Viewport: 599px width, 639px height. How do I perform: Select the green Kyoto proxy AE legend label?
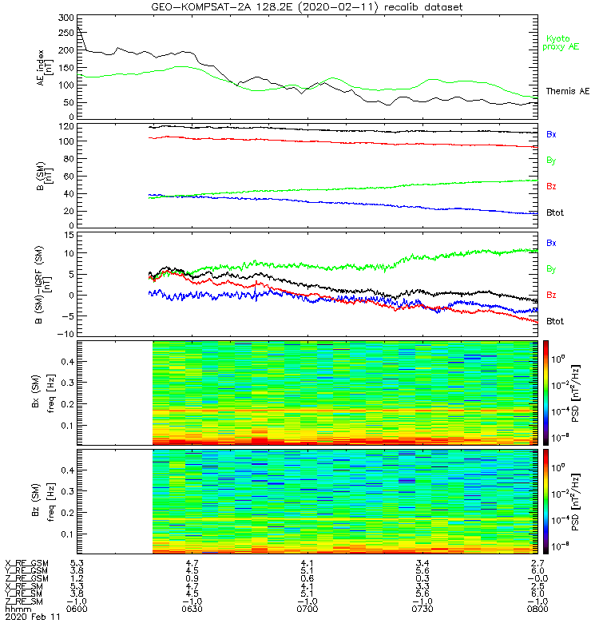[x=562, y=42]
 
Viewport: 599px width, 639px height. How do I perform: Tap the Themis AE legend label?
[x=567, y=92]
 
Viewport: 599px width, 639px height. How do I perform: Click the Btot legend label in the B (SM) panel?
[x=554, y=214]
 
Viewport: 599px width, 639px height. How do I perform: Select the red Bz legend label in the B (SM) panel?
[x=551, y=187]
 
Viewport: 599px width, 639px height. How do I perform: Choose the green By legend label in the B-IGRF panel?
[x=551, y=269]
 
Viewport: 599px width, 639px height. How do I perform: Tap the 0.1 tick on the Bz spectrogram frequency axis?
[x=67, y=534]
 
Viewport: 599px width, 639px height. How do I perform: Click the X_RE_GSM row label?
[x=26, y=563]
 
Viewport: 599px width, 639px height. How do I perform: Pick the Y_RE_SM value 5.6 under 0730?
[x=421, y=593]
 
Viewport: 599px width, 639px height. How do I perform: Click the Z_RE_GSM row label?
[x=26, y=578]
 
